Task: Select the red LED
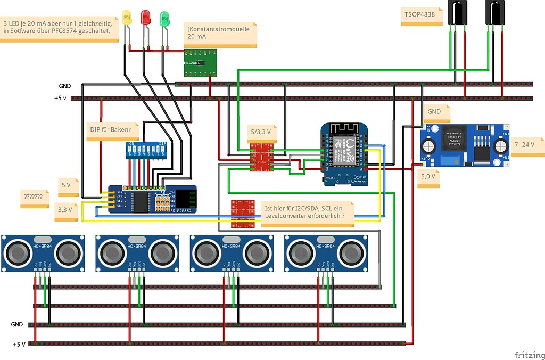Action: (x=145, y=17)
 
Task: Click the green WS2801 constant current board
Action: (x=200, y=63)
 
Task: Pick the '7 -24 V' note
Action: (x=526, y=145)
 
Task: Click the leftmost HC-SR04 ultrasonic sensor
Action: (x=43, y=252)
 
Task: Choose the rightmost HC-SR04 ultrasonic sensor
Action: (x=326, y=252)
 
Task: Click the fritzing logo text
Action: (x=529, y=355)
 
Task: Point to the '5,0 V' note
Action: (x=428, y=176)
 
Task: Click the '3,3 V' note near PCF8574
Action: (x=67, y=210)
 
